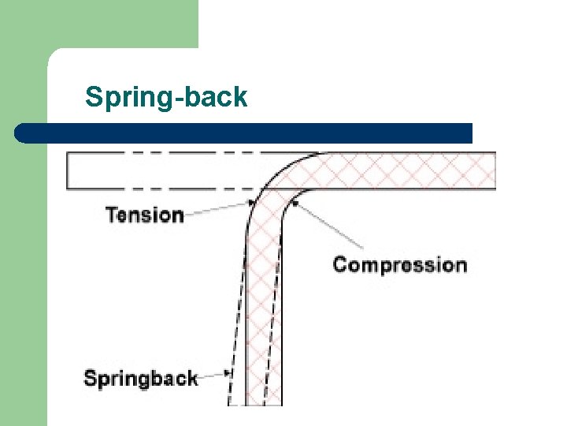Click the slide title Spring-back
166,98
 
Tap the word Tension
145,215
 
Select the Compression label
399,264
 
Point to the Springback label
140,378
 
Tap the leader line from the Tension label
217,210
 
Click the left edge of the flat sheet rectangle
68,170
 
